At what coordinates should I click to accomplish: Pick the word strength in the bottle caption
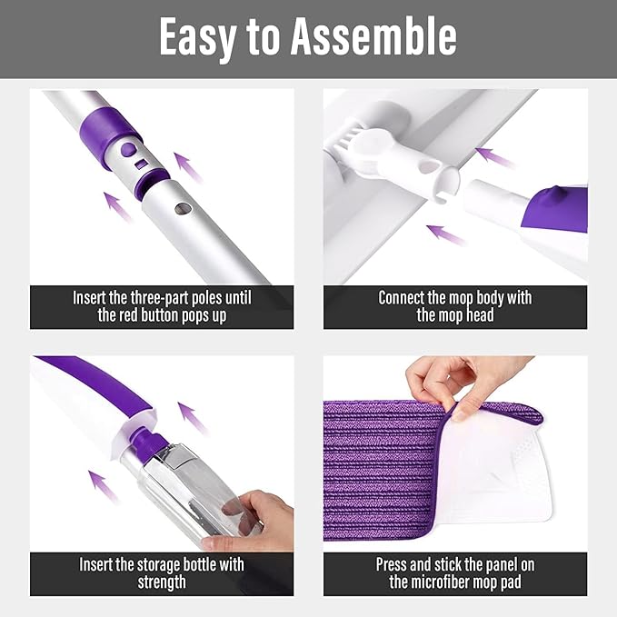click(x=162, y=582)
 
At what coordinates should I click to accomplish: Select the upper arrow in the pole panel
click(x=188, y=167)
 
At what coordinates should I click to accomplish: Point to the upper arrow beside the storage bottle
click(x=192, y=417)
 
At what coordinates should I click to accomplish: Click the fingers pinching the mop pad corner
click(x=454, y=382)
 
